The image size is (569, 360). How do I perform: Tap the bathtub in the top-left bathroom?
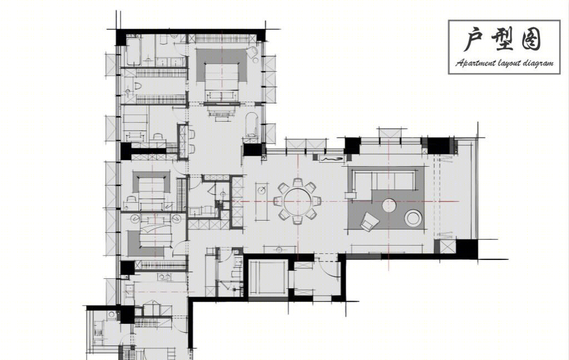133,52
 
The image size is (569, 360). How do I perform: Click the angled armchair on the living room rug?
370,221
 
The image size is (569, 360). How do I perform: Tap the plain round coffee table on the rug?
389,205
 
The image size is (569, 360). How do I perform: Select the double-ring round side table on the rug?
413,218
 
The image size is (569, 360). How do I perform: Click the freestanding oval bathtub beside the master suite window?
252,124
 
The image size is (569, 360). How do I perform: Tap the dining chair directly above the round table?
298,182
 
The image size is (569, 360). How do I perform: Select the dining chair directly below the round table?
298,220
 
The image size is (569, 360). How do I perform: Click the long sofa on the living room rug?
384,180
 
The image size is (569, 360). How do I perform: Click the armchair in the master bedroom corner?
252,53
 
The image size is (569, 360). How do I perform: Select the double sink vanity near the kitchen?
164,278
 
